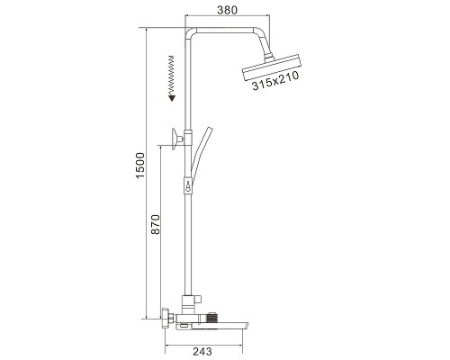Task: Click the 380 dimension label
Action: pyautogui.click(x=227, y=10)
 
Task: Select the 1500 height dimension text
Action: pyautogui.click(x=140, y=166)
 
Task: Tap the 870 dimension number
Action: pyautogui.click(x=156, y=224)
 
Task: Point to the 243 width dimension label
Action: pyautogui.click(x=202, y=351)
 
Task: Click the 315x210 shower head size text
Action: pyautogui.click(x=275, y=80)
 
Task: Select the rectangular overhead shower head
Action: pyautogui.click(x=271, y=67)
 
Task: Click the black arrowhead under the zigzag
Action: pyautogui.click(x=172, y=98)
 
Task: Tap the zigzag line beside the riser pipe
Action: pyautogui.click(x=172, y=75)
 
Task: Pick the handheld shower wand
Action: pyautogui.click(x=199, y=155)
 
